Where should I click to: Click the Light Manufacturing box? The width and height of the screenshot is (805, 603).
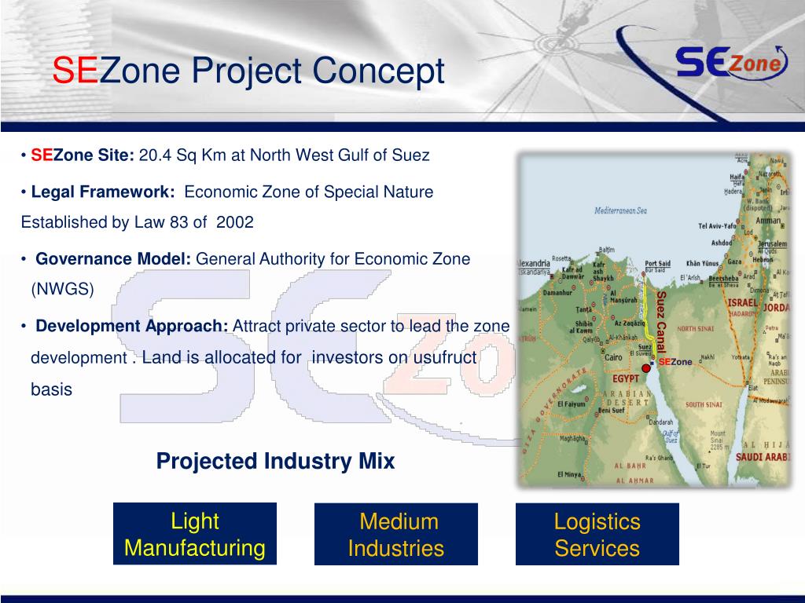(195, 534)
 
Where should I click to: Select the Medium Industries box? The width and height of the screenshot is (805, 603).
(396, 534)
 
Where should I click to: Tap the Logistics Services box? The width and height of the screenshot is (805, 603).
(597, 534)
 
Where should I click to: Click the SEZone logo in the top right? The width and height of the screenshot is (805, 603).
(731, 64)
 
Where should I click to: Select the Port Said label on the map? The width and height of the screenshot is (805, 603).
(657, 263)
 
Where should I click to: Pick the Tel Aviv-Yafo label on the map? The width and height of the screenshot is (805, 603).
(719, 226)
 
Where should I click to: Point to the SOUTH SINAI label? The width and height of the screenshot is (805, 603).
(704, 405)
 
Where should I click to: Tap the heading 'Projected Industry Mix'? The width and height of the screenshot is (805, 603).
(275, 461)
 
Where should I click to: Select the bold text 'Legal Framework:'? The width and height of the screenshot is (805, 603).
(103, 192)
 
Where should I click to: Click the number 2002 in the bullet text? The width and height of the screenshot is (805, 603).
(235, 222)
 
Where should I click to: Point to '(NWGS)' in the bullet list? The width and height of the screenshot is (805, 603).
(62, 289)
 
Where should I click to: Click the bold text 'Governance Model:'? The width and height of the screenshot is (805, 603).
(114, 259)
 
